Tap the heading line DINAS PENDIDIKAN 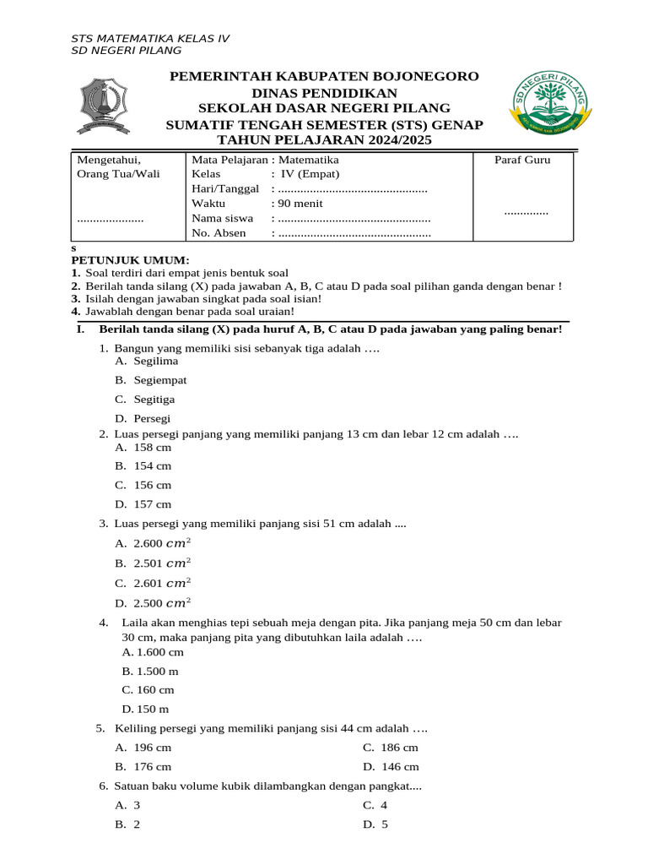(x=324, y=92)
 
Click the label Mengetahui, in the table (x=110, y=159)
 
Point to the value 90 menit (x=297, y=204)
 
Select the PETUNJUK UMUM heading (x=130, y=260)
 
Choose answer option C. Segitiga (x=145, y=399)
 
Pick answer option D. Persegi (x=143, y=418)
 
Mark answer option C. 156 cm (x=143, y=485)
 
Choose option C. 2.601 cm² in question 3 (x=153, y=583)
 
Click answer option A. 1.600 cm (x=153, y=652)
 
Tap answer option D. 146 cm (x=391, y=766)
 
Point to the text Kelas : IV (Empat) (x=265, y=174)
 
